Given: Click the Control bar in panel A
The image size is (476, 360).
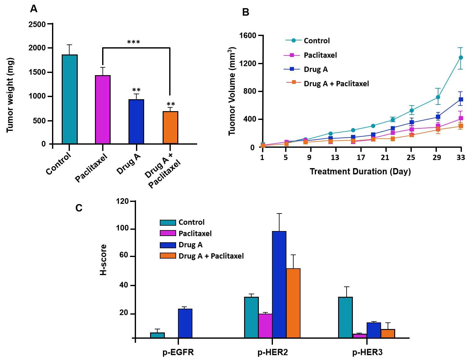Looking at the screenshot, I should (70, 99).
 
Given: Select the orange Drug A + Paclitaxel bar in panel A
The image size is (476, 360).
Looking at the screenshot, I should (170, 127).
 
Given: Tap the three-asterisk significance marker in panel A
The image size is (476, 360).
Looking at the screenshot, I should (133, 42).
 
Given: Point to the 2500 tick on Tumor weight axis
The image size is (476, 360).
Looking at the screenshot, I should (37, 24).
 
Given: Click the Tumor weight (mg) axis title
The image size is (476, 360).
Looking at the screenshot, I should (10, 95).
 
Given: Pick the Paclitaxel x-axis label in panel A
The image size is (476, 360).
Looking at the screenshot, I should (91, 168).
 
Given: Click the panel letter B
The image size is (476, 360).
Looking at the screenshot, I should (246, 12).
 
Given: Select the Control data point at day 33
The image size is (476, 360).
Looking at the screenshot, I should (461, 58).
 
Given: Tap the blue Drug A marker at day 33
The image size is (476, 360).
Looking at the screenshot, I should (461, 100).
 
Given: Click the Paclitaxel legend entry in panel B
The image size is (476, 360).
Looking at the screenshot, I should (320, 55).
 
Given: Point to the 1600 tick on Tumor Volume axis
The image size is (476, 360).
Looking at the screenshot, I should (248, 35).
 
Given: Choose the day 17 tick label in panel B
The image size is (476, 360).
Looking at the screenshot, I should (361, 157).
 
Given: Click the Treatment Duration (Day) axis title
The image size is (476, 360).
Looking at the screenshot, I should (360, 172).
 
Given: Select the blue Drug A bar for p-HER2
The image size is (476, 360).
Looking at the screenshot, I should (279, 284).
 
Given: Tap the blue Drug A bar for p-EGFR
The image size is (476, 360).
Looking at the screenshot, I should (185, 323).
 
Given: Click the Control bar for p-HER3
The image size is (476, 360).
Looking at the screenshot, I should (345, 317).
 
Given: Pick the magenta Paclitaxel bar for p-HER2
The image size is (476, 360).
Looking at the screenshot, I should (265, 326).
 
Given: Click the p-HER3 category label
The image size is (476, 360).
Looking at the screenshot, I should (367, 352).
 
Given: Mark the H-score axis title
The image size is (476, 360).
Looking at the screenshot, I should (103, 260).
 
